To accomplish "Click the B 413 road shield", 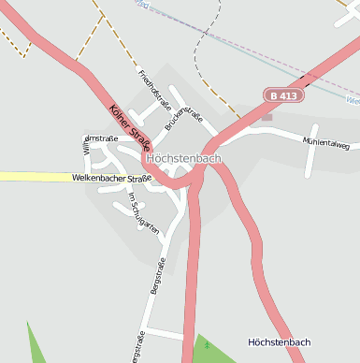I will (x=284, y=95).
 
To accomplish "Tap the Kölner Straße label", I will (x=129, y=128).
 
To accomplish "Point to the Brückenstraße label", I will (x=183, y=118).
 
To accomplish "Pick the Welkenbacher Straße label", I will (x=111, y=178).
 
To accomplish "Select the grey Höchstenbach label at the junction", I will (x=184, y=159).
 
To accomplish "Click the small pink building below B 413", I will (x=267, y=117).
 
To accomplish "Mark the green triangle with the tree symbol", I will (x=211, y=348).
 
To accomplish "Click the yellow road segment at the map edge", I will (x=28, y=176).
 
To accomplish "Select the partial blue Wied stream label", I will (x=352, y=98).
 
